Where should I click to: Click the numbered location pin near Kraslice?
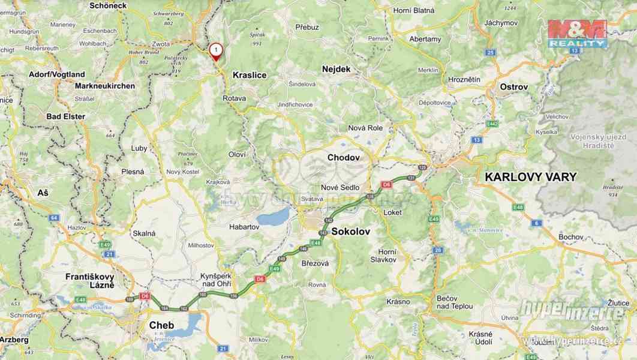point(215,51)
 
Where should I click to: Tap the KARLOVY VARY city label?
point(530,177)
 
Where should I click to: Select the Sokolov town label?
point(350,231)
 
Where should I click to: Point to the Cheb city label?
point(161,325)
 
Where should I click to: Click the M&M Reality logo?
point(578,34)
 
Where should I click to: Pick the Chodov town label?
point(343,157)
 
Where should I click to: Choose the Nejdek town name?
point(336,69)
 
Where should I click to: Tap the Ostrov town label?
point(513,87)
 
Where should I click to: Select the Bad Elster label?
point(66,116)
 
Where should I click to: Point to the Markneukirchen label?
point(105,86)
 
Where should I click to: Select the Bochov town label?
point(570,237)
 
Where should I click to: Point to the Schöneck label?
point(109,5)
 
